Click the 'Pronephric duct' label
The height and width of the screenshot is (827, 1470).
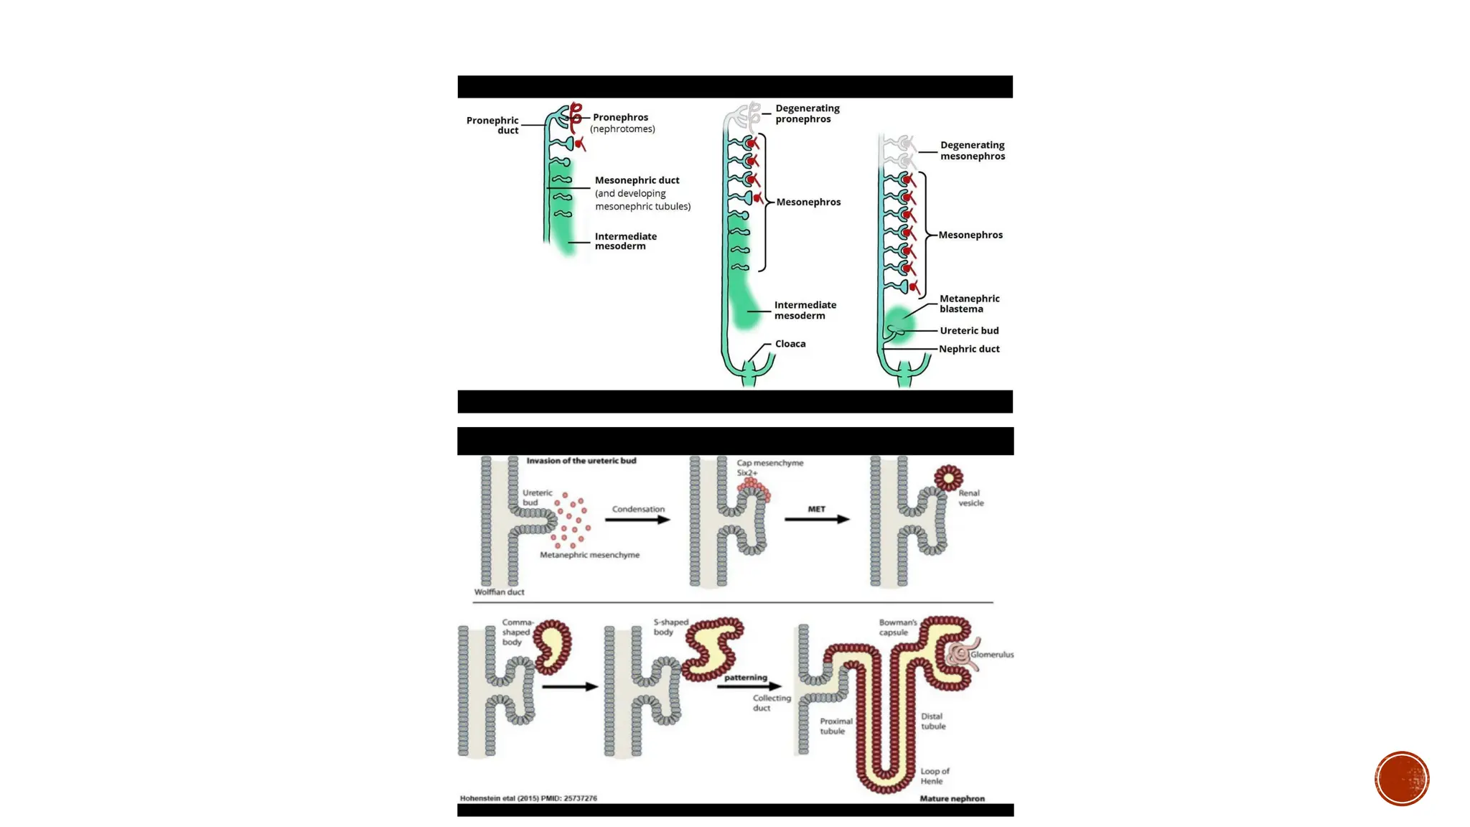492,125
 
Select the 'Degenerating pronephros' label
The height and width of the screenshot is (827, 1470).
807,113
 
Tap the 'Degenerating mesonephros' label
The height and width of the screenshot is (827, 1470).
973,151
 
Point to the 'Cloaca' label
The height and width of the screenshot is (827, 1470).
790,344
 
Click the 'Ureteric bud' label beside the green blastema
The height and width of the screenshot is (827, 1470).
969,331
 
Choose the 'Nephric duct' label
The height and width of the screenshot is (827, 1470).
969,349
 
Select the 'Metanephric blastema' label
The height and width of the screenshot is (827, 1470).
969,304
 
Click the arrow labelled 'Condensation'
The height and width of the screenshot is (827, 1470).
637,520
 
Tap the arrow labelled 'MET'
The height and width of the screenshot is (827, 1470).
817,519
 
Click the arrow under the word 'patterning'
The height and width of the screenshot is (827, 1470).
749,686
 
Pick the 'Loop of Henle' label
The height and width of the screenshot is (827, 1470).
935,776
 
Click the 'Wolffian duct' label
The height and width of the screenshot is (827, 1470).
499,592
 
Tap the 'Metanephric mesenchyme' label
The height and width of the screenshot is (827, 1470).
589,555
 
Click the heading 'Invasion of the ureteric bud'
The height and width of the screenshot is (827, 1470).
581,461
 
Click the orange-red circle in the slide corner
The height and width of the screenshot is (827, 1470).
1402,779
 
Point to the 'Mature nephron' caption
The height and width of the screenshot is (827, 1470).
952,798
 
